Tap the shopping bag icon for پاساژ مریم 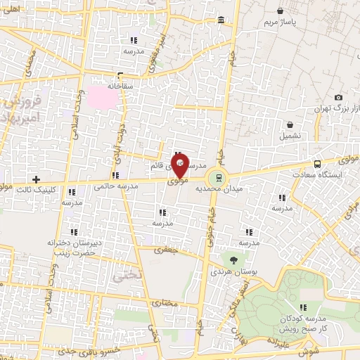pyautogui.click(x=281, y=11)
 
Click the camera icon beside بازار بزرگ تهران pyautogui.click(x=338, y=97)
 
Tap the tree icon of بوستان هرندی pyautogui.click(x=233, y=260)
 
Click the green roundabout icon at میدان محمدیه pyautogui.click(x=218, y=176)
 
